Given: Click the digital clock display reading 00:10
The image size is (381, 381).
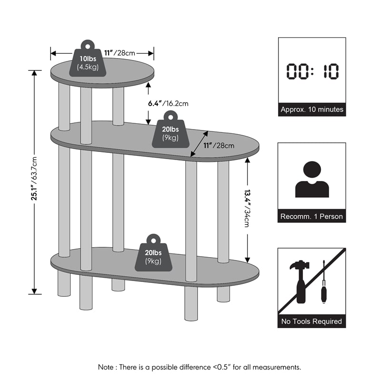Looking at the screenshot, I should pyautogui.click(x=312, y=71).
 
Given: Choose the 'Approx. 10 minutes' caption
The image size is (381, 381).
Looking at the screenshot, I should pyautogui.click(x=312, y=110).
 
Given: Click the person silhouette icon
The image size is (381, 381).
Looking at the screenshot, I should pyautogui.click(x=312, y=179).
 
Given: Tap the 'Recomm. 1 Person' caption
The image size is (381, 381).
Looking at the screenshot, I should pyautogui.click(x=312, y=216).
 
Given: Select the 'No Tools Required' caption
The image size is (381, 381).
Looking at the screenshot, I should pyautogui.click(x=312, y=321).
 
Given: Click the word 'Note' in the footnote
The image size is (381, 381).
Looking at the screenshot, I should pyautogui.click(x=106, y=367).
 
